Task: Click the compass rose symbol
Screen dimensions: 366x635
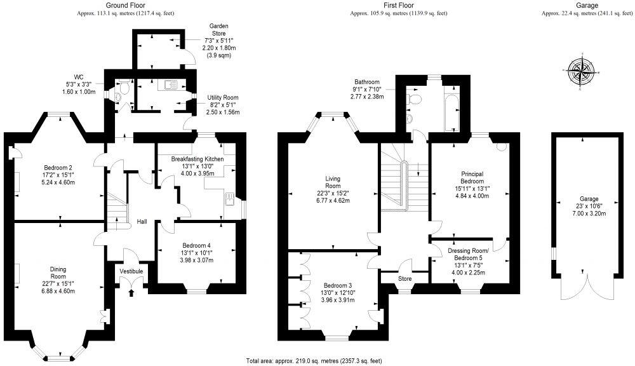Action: (580, 71)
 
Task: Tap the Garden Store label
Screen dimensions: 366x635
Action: (218, 30)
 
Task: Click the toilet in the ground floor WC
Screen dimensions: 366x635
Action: (123, 95)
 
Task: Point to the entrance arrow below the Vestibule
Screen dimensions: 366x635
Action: (132, 292)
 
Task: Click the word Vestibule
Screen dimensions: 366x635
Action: (132, 271)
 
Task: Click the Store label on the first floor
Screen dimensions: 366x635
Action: (404, 278)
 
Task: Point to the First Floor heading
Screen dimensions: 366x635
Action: (398, 4)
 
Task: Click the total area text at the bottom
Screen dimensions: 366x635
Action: (315, 360)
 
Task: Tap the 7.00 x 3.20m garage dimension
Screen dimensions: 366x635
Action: (584, 213)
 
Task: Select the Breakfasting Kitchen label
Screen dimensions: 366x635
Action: (197, 159)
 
